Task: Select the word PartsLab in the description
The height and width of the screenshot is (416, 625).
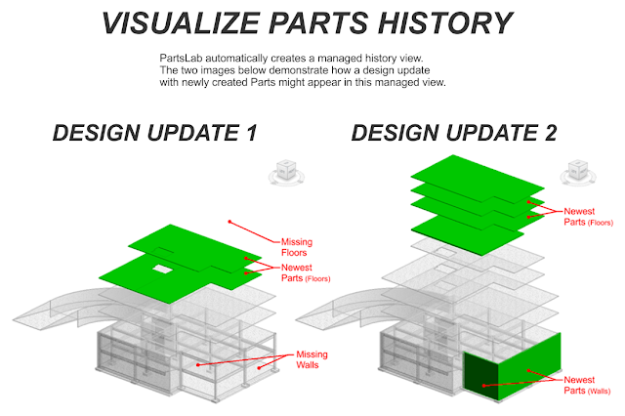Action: (x=181, y=59)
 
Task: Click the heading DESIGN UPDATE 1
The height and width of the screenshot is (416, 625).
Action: (x=155, y=133)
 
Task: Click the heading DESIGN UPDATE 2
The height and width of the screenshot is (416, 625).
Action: (x=454, y=133)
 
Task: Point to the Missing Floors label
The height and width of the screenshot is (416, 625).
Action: (x=297, y=247)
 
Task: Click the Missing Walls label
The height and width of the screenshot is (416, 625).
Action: (x=312, y=359)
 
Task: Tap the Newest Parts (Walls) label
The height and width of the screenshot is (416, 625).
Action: (x=587, y=385)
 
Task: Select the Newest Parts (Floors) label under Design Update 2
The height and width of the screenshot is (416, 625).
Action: (x=588, y=217)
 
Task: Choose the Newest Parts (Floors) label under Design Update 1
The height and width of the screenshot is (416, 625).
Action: (x=306, y=272)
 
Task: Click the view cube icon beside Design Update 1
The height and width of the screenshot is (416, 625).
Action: (x=286, y=173)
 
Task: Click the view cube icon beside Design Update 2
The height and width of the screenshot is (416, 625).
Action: (x=578, y=173)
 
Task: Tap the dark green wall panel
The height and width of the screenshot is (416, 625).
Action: (x=481, y=376)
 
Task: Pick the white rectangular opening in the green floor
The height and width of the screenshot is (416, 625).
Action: (x=163, y=270)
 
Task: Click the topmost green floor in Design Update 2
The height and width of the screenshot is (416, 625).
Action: (x=478, y=179)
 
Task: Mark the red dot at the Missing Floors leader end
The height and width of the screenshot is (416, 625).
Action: (x=229, y=222)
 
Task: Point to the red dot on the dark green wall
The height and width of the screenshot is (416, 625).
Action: (x=484, y=386)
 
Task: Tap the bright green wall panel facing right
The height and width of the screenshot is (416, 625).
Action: (x=529, y=366)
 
